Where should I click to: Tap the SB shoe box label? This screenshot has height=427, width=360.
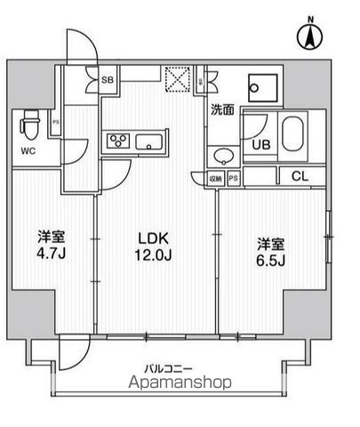(108, 79)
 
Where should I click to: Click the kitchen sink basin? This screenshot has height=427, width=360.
(148, 140)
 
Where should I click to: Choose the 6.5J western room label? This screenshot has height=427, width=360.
(273, 250)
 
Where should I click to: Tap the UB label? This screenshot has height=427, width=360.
(261, 144)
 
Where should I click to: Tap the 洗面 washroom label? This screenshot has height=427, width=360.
(222, 111)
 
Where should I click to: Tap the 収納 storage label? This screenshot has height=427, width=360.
(217, 177)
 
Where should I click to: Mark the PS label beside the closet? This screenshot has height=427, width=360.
(233, 177)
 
